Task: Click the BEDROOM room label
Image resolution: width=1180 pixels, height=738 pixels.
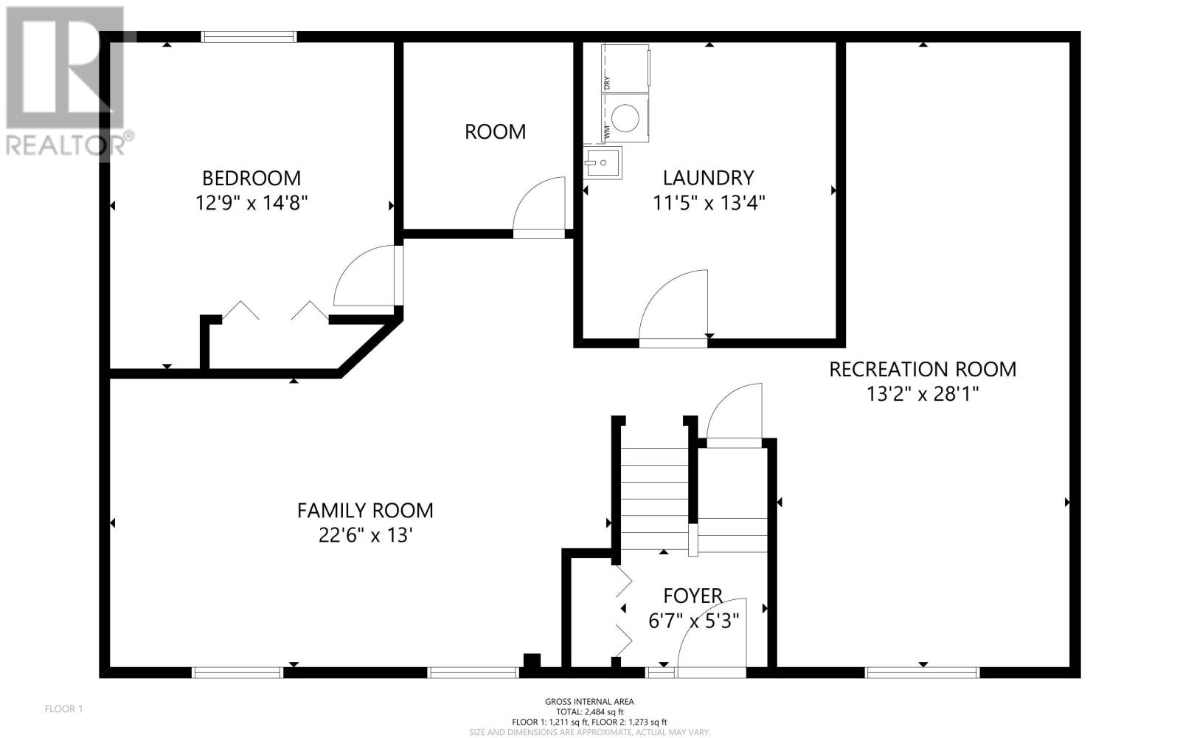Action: (251, 178)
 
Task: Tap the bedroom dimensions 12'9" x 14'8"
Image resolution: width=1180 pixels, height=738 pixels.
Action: (251, 202)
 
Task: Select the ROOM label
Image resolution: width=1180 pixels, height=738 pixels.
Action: (495, 132)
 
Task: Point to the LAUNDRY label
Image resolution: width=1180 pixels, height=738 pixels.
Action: (709, 178)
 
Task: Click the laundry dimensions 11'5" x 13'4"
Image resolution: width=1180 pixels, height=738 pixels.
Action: (709, 202)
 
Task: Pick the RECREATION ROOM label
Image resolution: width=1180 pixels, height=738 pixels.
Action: (923, 370)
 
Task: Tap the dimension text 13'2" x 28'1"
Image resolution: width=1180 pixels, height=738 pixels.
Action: (923, 394)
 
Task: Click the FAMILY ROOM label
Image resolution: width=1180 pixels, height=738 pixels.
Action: (365, 511)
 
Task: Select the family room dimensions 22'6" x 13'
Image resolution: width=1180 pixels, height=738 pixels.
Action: (365, 536)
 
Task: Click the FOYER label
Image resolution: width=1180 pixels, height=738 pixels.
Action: (693, 596)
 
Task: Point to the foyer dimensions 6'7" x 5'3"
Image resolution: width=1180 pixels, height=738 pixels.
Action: (694, 621)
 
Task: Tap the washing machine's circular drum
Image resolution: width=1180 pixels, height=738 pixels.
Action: (626, 118)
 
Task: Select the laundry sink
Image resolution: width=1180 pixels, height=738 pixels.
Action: (602, 163)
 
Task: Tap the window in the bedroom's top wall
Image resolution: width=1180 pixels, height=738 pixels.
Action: (249, 37)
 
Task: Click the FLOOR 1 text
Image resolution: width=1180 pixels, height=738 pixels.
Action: (63, 709)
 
